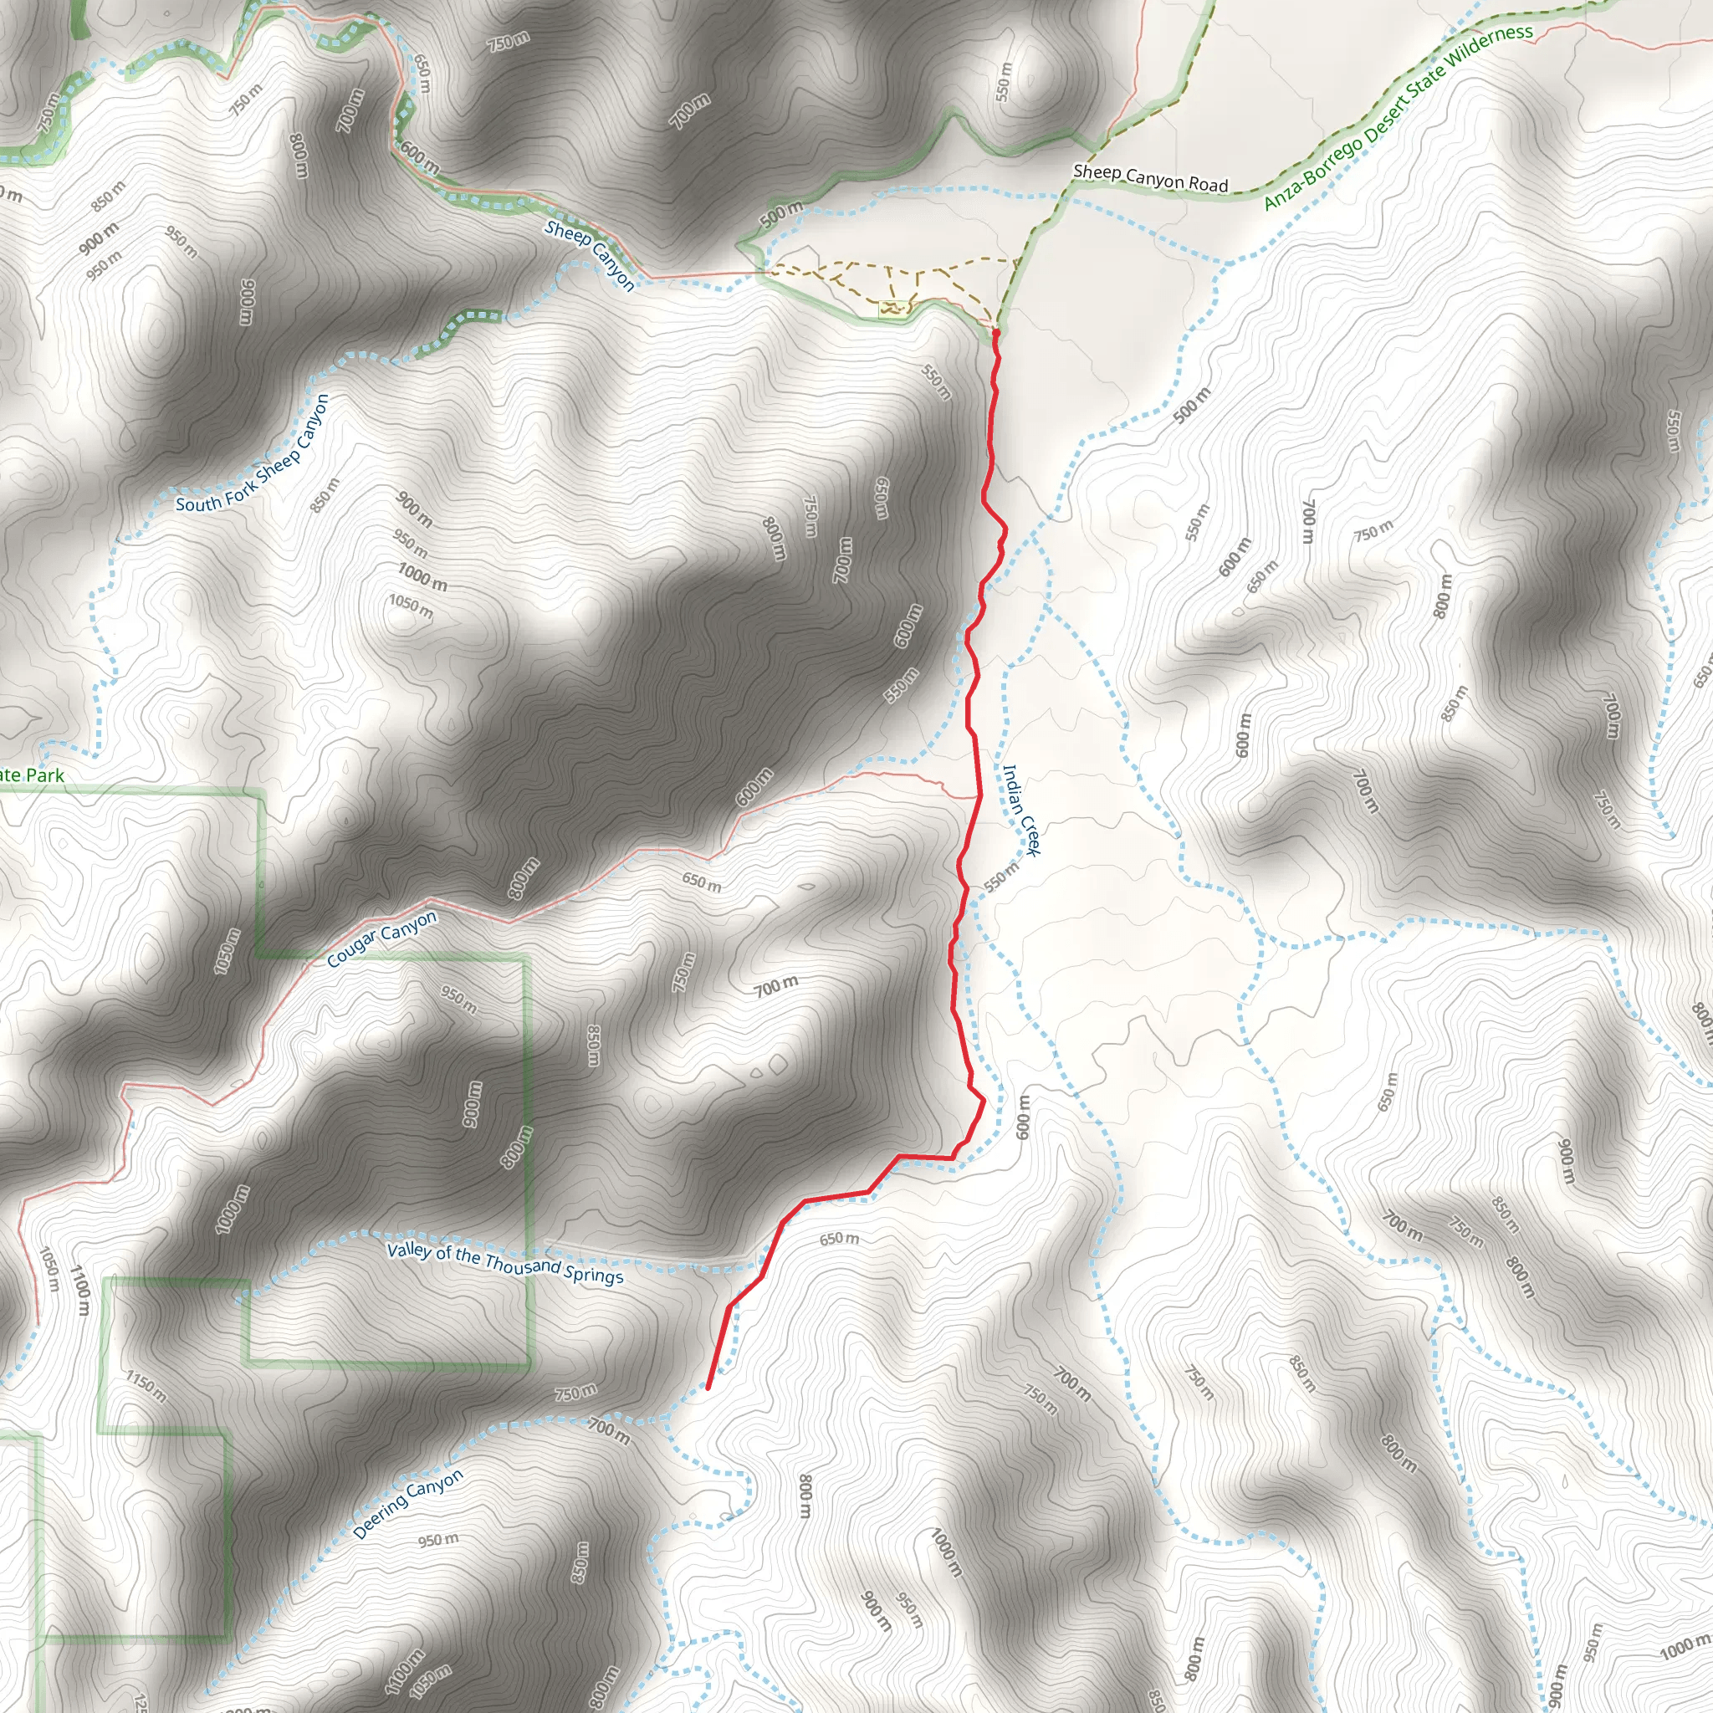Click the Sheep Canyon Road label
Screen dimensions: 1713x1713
pyautogui.click(x=1150, y=177)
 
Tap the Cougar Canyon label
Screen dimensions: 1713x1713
pyautogui.click(x=381, y=939)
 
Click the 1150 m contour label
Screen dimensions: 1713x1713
pyautogui.click(x=146, y=1387)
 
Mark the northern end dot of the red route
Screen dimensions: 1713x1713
pyautogui.click(x=995, y=333)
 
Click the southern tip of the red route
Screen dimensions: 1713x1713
pyautogui.click(x=708, y=1388)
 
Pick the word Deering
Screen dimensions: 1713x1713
pyautogui.click(x=380, y=1518)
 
